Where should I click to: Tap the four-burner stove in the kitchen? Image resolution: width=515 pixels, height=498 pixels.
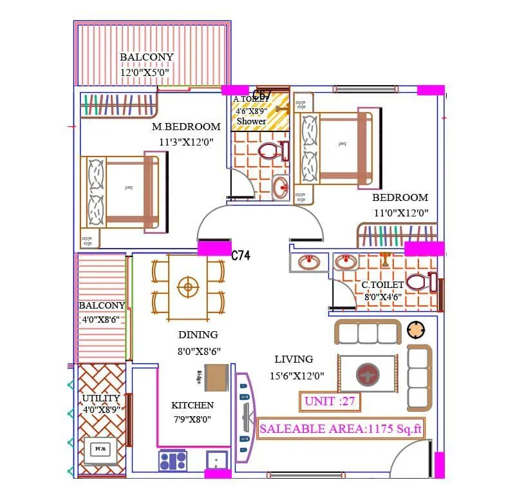coord(173,461)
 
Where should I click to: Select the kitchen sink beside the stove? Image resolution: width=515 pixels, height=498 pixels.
coord(216,461)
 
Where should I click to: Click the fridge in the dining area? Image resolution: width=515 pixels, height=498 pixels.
coord(216,378)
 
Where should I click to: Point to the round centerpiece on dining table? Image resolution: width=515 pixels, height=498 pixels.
coord(187,287)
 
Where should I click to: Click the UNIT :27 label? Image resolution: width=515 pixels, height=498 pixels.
coord(330,401)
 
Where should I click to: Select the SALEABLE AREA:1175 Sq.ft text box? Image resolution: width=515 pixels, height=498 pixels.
coord(341,428)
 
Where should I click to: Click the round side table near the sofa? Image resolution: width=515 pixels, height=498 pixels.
coord(417,330)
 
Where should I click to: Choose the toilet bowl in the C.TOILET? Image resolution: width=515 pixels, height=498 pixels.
coord(418,282)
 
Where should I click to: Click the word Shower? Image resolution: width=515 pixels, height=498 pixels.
coord(251,121)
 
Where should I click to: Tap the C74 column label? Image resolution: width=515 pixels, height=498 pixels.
coord(241,256)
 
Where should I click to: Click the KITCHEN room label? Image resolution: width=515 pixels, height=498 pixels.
coord(192,405)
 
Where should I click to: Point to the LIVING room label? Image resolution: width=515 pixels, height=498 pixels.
coord(294,359)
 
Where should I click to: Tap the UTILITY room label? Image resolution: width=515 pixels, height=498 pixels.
coord(101,398)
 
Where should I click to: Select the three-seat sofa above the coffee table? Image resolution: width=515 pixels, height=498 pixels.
coord(368,332)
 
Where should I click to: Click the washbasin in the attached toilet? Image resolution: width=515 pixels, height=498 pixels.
coord(281,188)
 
